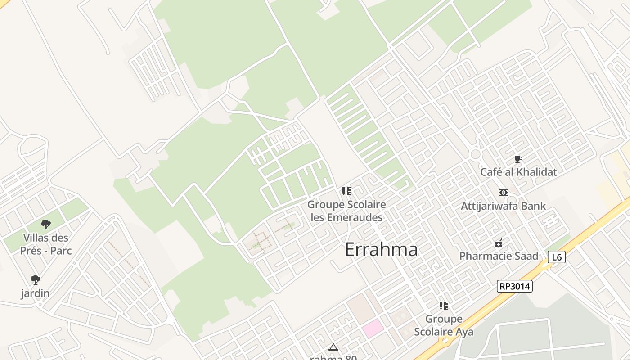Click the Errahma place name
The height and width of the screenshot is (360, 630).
tap(381, 250)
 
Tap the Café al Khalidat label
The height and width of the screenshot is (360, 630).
tap(518, 172)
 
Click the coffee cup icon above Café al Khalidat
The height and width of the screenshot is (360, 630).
tap(518, 159)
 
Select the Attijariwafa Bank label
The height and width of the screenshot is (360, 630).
tap(503, 206)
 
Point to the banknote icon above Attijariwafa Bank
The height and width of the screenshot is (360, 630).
tap(503, 193)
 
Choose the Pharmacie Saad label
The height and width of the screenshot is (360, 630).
tap(499, 256)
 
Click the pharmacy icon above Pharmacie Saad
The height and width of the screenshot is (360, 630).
tap(499, 243)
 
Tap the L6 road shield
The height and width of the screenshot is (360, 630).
tap(557, 257)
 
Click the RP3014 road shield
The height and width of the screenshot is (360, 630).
tap(514, 286)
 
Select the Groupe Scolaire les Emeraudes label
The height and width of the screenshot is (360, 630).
tap(346, 211)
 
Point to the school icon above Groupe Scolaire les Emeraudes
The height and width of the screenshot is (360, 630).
tap(346, 191)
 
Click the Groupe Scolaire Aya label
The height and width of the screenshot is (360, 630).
tap(444, 325)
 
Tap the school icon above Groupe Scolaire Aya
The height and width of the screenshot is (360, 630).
tap(444, 306)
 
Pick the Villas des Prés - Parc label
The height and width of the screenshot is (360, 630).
tap(46, 244)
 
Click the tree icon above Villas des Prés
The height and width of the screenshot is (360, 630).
tap(46, 224)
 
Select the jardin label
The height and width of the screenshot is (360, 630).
tap(35, 293)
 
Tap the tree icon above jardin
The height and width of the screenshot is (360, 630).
tap(36, 280)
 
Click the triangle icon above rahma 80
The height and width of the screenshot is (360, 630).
tap(333, 347)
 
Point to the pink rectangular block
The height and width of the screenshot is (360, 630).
tap(373, 328)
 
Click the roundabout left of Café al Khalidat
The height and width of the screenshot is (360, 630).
tap(475, 154)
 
